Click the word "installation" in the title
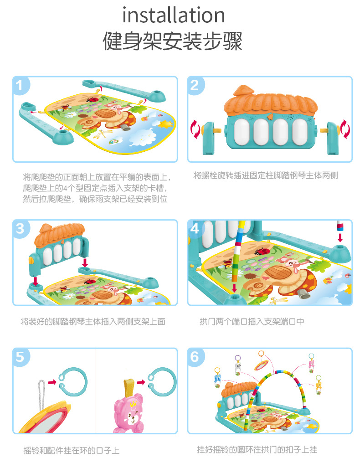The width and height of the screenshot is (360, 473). (x=174, y=15)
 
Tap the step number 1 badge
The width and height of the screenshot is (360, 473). (x=20, y=85)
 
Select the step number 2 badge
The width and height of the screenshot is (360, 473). (x=195, y=85)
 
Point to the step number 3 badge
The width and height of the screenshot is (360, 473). (x=20, y=229)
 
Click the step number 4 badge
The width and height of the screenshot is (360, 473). (x=195, y=229)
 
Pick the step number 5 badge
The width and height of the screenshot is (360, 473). (x=20, y=357)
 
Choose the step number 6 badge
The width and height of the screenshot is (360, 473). (x=195, y=357)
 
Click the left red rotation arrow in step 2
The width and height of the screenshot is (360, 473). (x=195, y=129)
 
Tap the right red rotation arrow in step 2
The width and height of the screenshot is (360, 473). (x=345, y=129)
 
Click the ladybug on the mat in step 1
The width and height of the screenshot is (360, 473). (x=93, y=99)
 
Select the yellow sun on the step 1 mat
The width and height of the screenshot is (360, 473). (x=166, y=124)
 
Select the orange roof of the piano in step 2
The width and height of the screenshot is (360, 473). (x=270, y=103)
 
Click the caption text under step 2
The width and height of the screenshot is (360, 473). (x=266, y=175)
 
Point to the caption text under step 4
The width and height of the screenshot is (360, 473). (x=252, y=322)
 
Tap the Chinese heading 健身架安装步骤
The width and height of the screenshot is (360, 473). (x=173, y=41)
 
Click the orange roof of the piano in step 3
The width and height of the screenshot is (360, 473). (x=59, y=233)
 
